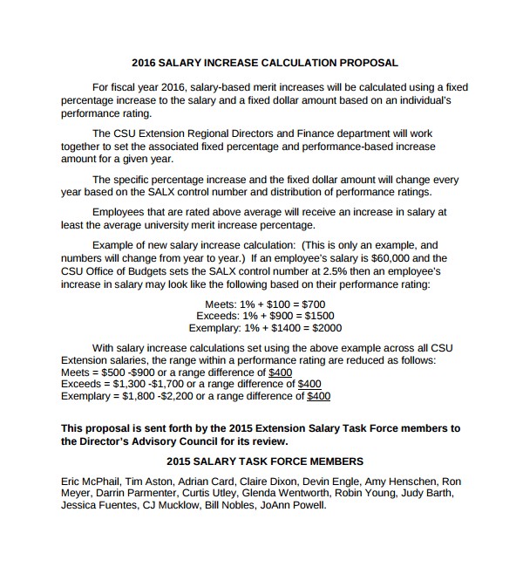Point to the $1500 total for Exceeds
317,315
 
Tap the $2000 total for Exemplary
325,328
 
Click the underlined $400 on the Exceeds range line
309,384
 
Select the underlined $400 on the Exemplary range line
319,396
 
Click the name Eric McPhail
90,481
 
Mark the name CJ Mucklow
168,505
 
